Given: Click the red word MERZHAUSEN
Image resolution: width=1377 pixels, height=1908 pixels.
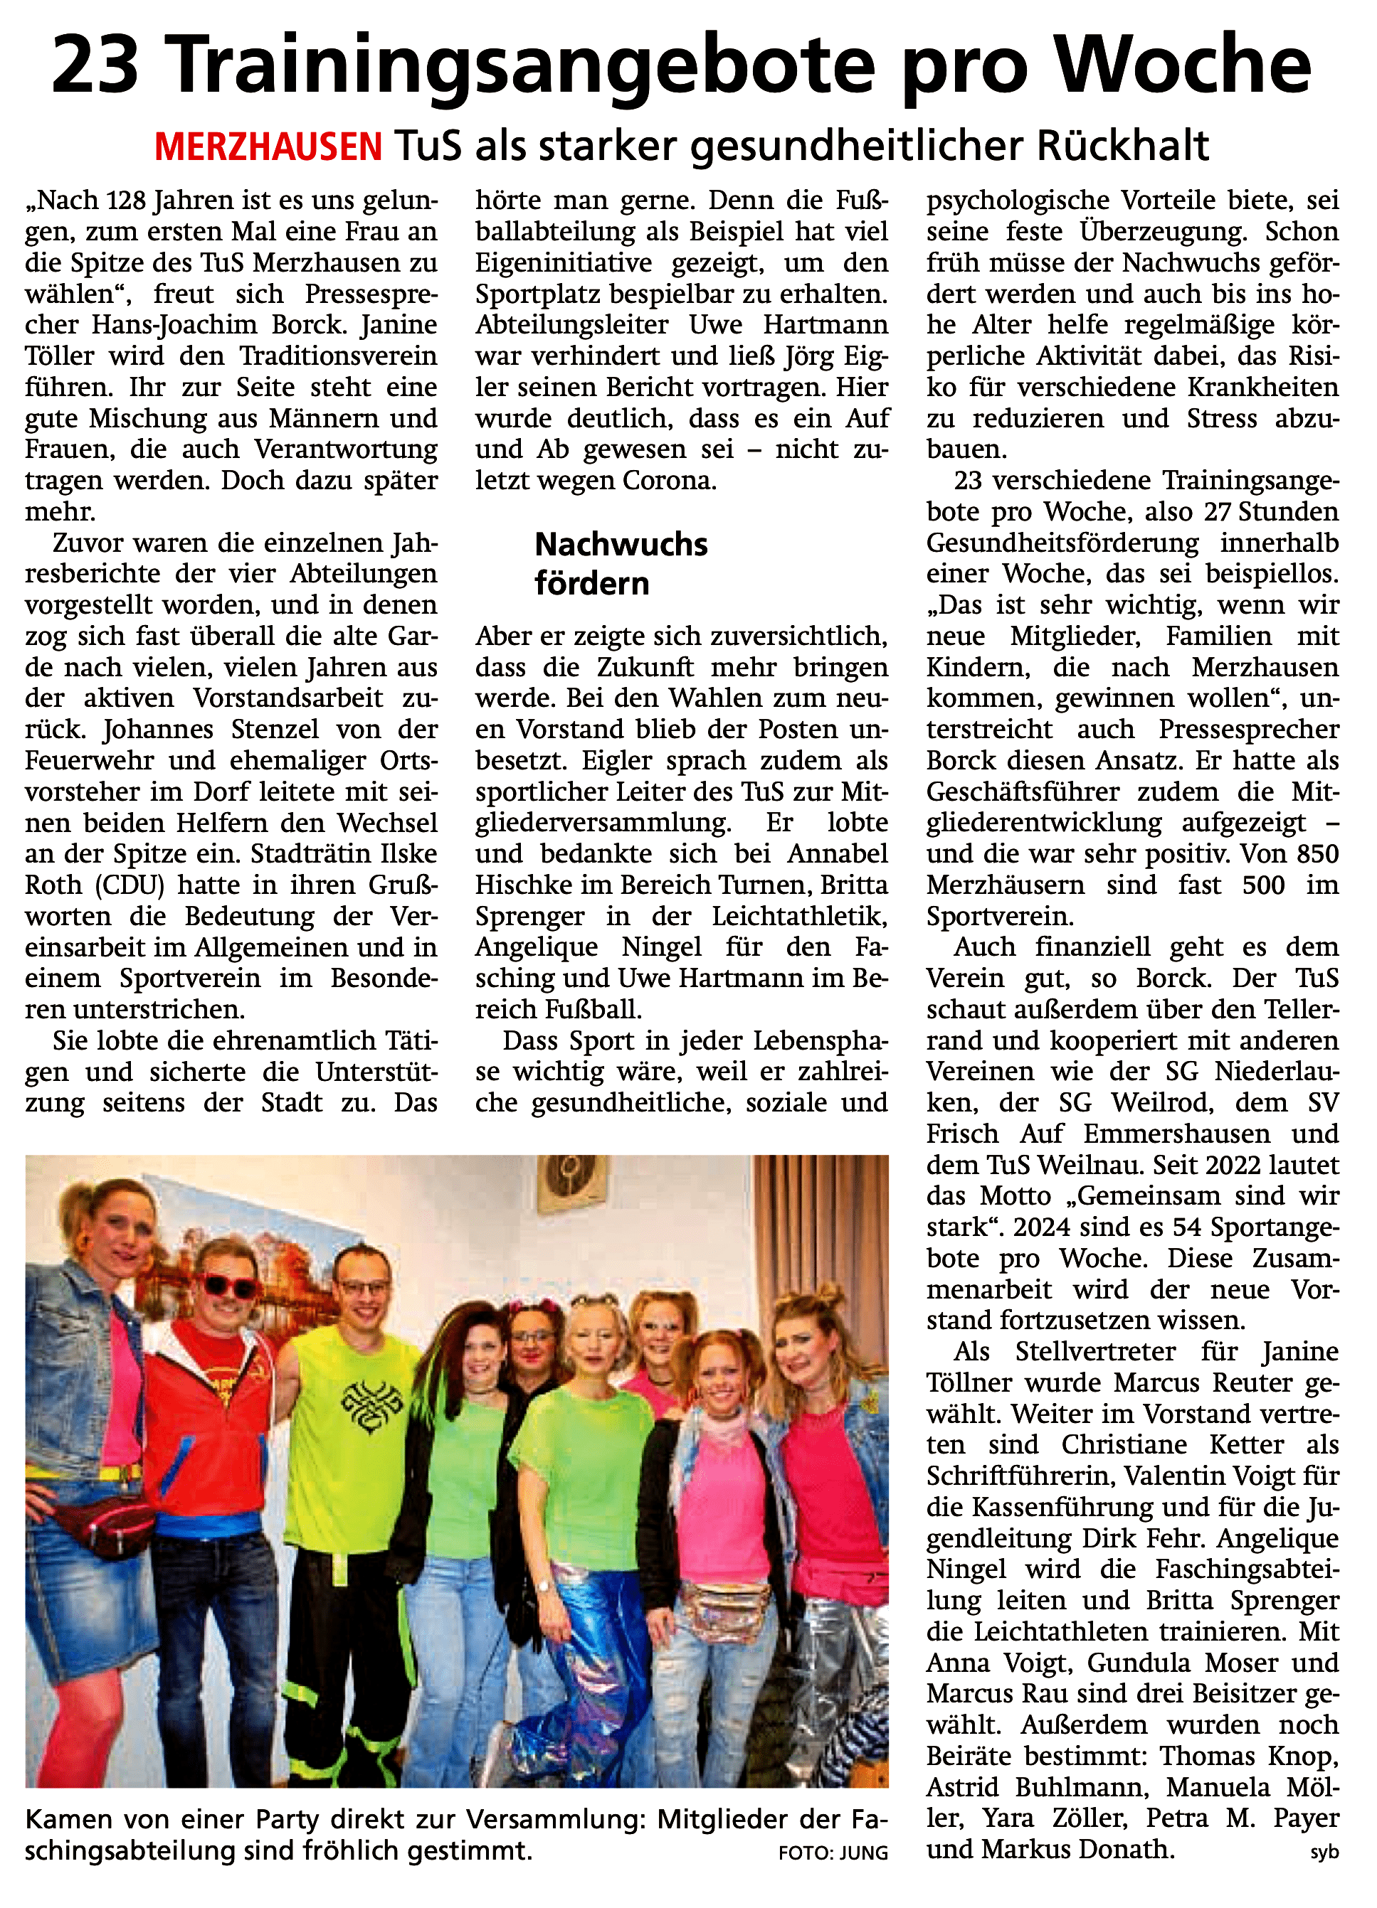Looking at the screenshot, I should pyautogui.click(x=268, y=147).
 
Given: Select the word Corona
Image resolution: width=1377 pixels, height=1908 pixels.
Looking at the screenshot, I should pyautogui.click(x=669, y=481).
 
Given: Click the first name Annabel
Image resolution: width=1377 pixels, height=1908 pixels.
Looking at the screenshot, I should pyautogui.click(x=837, y=854).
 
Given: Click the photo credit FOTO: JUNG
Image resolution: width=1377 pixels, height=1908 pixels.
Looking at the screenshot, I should pyautogui.click(x=833, y=1853).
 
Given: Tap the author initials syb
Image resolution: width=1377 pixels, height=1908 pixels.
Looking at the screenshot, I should pyautogui.click(x=1324, y=1853).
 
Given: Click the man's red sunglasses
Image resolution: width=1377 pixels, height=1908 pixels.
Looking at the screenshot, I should pyautogui.click(x=227, y=1286).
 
